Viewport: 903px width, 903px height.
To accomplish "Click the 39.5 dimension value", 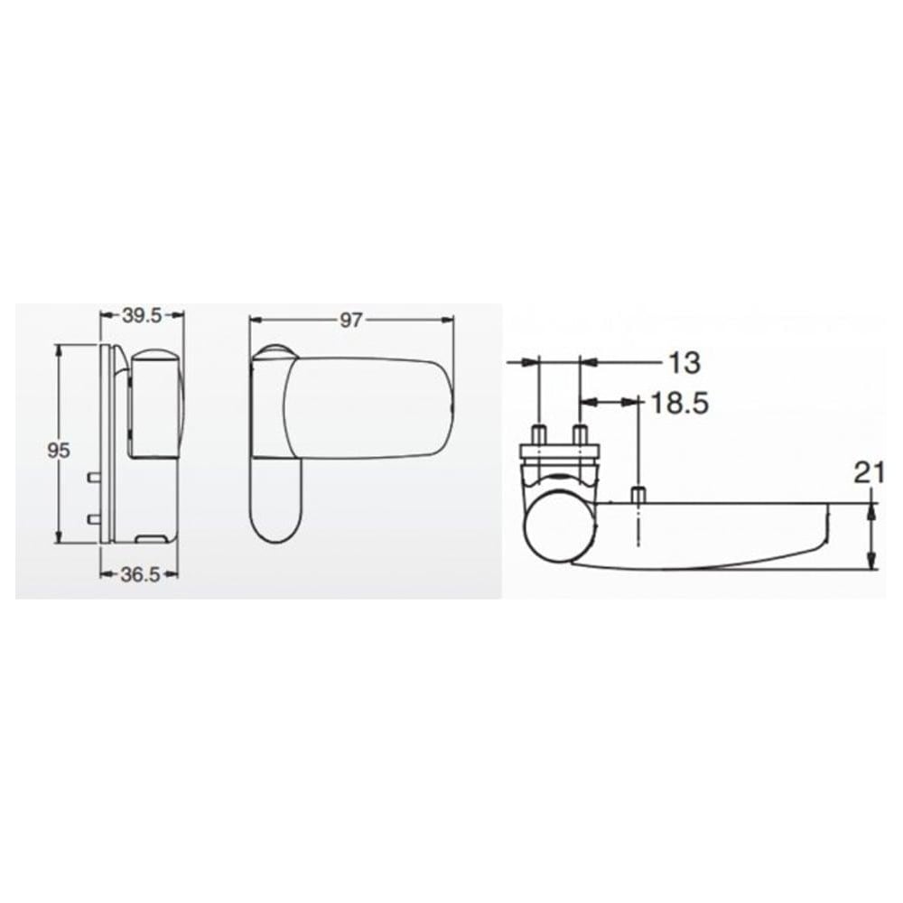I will [x=142, y=315].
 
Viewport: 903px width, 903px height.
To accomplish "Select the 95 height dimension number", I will [x=59, y=451].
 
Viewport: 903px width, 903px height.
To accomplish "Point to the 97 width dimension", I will [x=351, y=320].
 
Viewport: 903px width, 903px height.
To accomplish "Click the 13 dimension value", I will [x=684, y=363].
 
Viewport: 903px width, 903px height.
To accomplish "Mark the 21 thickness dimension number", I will [x=869, y=471].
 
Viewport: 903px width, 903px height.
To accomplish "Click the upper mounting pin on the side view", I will [x=93, y=474].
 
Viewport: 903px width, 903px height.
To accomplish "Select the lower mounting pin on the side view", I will [x=93, y=518].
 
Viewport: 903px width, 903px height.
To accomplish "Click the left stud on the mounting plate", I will [x=537, y=434].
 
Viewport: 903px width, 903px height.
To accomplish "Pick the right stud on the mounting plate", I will [x=579, y=434].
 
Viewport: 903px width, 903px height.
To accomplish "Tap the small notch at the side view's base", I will [x=151, y=538].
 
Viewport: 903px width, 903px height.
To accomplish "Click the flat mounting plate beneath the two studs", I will [x=558, y=452].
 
